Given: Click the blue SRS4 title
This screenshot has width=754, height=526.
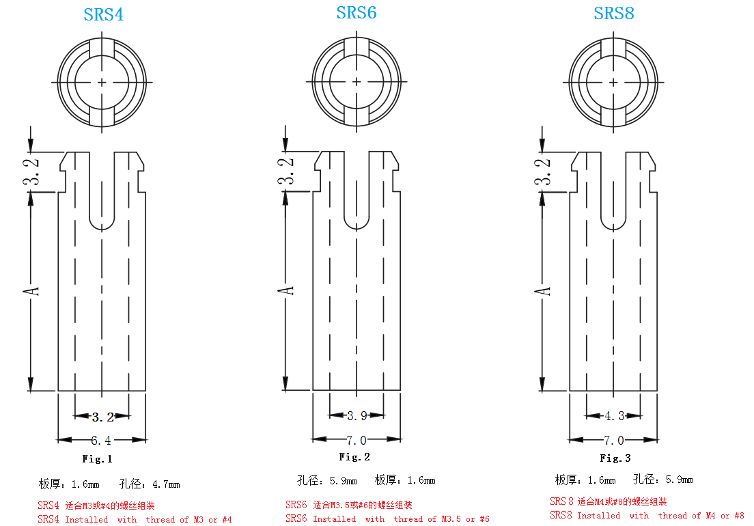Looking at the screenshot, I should tap(104, 14).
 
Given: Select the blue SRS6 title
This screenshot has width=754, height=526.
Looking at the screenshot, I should tap(357, 12).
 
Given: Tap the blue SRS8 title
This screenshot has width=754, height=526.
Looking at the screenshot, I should tap(614, 13).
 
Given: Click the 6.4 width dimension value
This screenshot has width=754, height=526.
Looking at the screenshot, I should tap(102, 439).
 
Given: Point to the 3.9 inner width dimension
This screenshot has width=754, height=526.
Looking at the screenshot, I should tap(357, 415).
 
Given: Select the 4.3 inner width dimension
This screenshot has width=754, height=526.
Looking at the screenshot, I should tap(614, 415).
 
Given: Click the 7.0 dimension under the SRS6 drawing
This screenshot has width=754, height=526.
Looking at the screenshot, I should tap(357, 439).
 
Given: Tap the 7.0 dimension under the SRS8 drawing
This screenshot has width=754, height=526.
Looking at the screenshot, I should tap(613, 439).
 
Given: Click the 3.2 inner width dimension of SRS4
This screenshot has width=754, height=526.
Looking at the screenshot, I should tap(102, 417).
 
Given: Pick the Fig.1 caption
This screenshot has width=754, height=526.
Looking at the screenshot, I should tap(97, 459).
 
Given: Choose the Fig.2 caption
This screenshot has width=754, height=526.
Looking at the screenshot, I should tap(354, 457).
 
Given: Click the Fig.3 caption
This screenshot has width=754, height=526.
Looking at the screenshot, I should tap(615, 458).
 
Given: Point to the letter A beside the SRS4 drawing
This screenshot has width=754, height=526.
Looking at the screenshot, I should tap(31, 290).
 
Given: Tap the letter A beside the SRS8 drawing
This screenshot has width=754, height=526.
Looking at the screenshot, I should tap(542, 290).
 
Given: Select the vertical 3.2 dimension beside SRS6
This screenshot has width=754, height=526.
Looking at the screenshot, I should tap(288, 171).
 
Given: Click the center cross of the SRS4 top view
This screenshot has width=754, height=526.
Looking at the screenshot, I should tap(102, 83).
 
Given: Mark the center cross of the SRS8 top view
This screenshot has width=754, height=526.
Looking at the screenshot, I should tap(613, 82).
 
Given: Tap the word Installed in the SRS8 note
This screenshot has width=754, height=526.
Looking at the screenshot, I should tap(598, 516).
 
